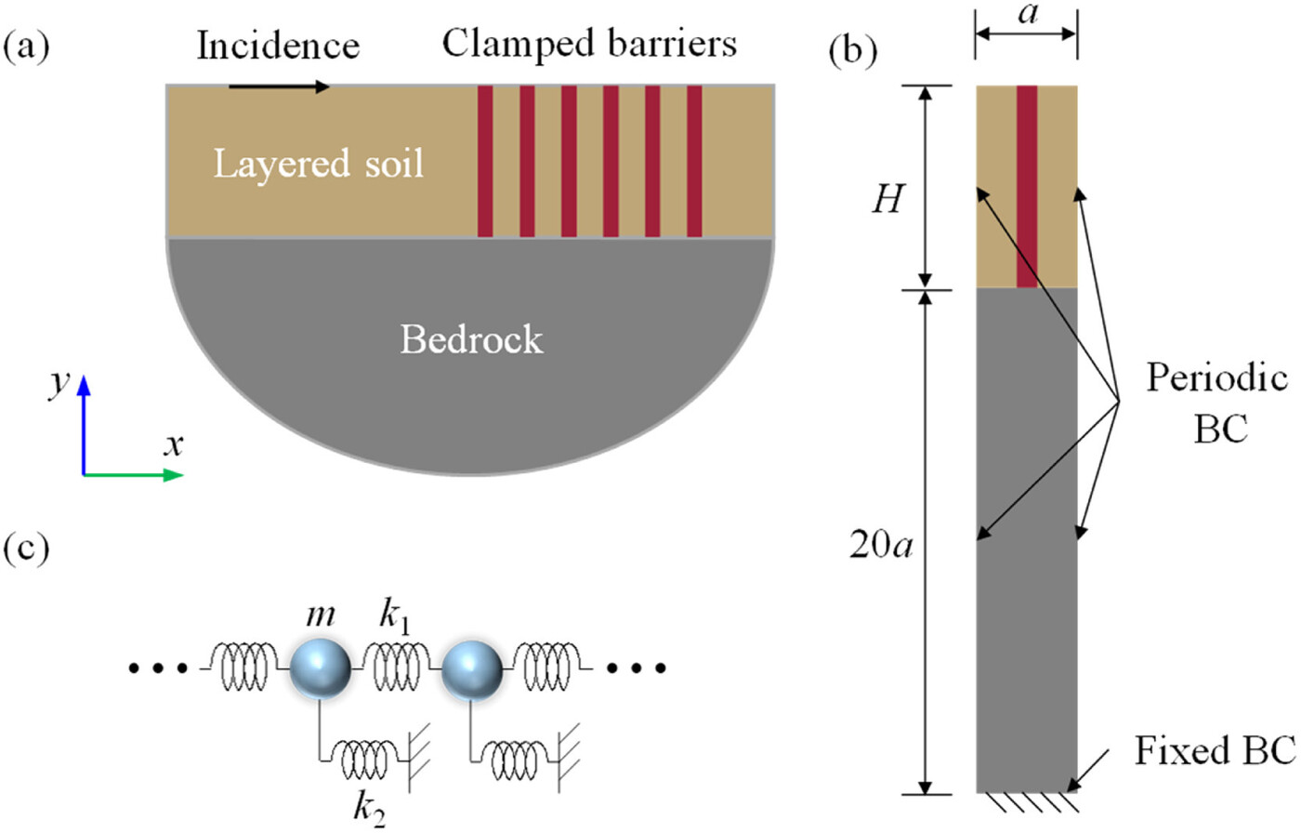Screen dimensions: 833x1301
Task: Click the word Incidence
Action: point(277,46)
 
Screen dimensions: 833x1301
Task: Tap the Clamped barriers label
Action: point(589,43)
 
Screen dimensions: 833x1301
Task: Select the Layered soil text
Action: point(318,164)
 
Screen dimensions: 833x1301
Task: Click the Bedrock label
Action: point(471,339)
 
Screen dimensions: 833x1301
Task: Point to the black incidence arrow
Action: point(279,87)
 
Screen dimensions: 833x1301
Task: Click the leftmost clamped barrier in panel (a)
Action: point(485,161)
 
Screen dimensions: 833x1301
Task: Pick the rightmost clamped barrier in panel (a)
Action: point(693,161)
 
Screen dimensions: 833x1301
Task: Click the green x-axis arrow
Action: point(135,475)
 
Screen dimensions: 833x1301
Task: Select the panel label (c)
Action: point(26,549)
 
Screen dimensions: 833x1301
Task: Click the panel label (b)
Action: point(851,51)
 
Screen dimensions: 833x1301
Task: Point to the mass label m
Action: point(321,615)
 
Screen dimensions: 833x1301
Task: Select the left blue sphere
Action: point(321,668)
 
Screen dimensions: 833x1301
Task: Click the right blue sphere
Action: point(472,669)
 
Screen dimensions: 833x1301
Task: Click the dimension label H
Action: point(887,199)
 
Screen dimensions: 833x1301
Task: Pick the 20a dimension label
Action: point(881,546)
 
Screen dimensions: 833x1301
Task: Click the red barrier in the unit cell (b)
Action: point(1026,186)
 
